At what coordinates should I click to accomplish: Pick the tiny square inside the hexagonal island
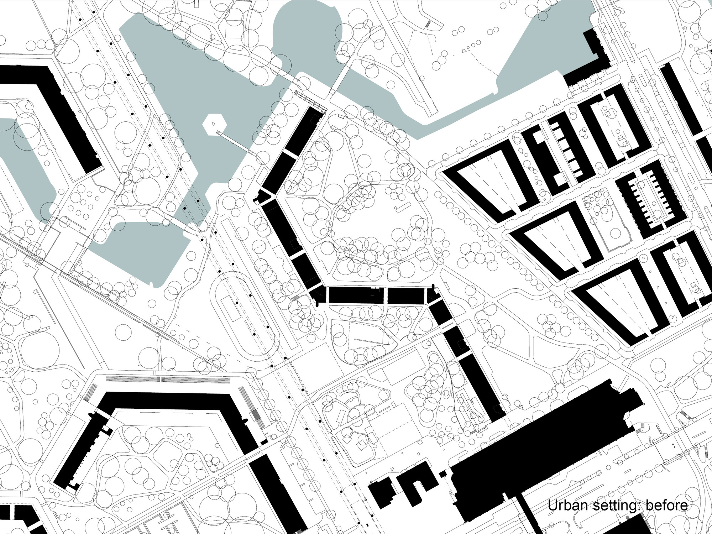coord(214,124)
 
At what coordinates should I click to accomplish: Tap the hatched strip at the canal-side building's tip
coord(310,100)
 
